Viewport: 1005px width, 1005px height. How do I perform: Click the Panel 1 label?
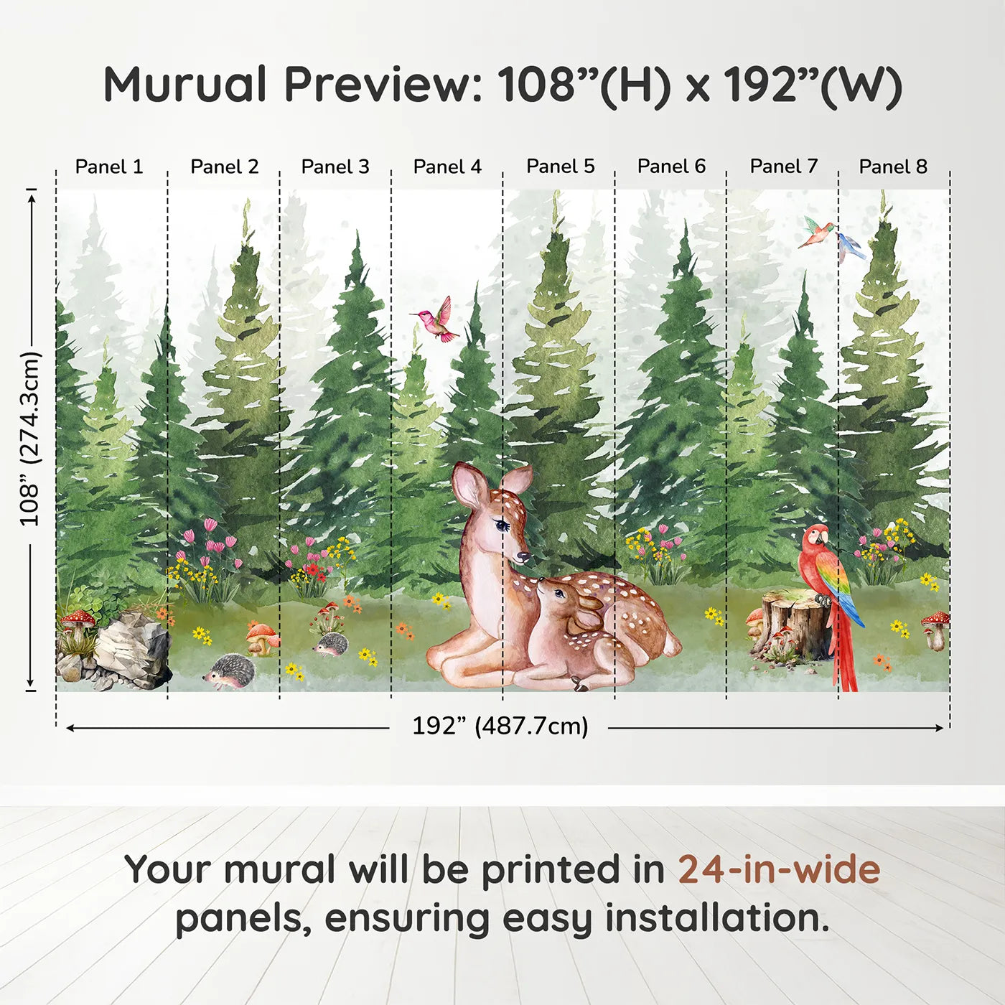(109, 167)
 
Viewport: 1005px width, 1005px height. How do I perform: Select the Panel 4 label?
(447, 167)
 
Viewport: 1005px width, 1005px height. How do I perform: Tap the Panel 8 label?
(894, 167)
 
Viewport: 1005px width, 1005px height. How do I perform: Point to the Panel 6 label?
(671, 167)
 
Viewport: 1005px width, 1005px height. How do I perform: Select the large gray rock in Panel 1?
(131, 647)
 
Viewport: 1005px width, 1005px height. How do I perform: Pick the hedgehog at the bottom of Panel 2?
(230, 670)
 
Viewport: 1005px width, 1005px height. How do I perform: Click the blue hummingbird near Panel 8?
(850, 247)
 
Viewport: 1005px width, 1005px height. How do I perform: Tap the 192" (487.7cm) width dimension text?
(500, 726)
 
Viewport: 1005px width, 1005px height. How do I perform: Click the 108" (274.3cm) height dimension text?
(29, 439)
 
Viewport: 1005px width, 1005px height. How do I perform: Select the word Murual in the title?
(185, 85)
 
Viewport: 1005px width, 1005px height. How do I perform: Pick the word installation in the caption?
(716, 918)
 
